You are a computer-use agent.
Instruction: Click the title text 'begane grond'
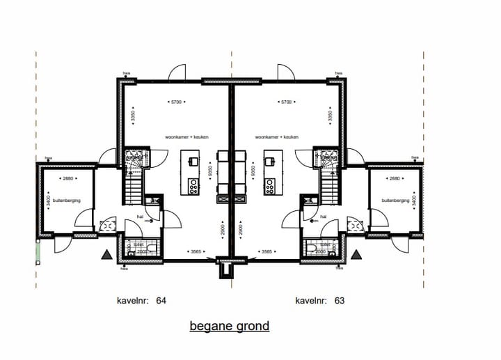pos(229,326)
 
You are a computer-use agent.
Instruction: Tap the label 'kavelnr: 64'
pos(141,302)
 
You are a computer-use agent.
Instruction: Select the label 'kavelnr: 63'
pos(319,302)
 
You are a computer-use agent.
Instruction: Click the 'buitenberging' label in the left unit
pos(63,201)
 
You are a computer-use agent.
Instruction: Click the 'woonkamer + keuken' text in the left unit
pos(186,137)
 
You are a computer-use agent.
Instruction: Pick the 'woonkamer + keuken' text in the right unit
pos(277,137)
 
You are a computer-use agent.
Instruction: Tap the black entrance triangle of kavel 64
pos(106,255)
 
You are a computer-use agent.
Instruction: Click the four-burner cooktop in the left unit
pos(193,187)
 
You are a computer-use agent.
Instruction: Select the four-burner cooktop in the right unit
pos(269,187)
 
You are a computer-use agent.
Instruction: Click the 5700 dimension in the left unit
pos(177,102)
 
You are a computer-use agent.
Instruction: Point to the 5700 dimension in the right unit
pos(286,102)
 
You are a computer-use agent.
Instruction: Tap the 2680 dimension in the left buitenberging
pos(67,179)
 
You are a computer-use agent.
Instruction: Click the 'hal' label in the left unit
pos(139,217)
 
